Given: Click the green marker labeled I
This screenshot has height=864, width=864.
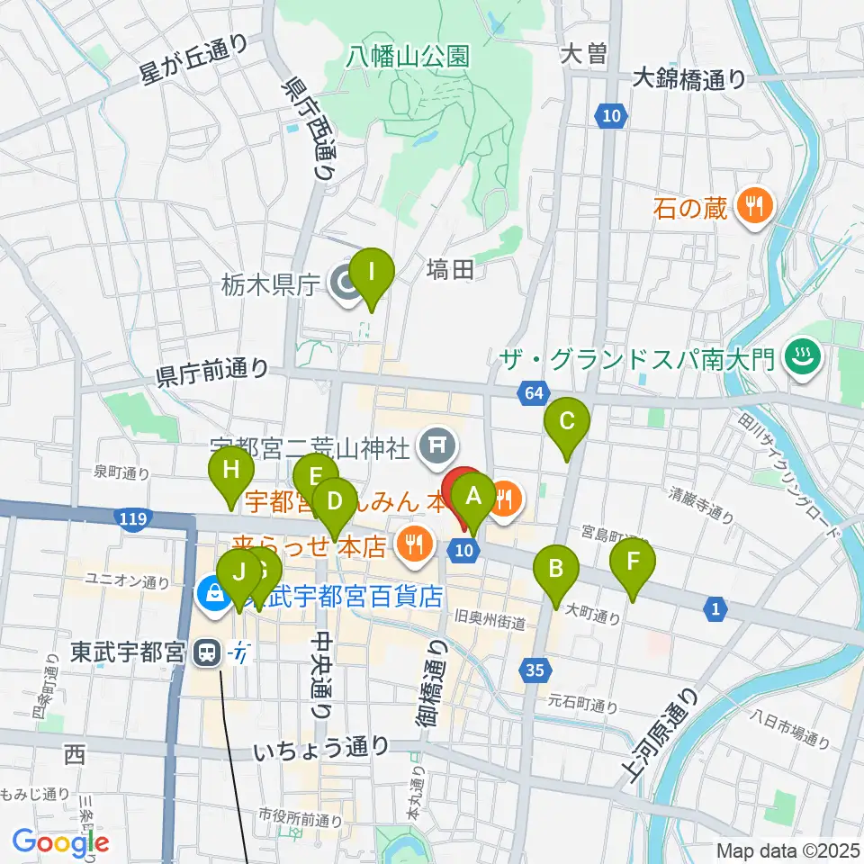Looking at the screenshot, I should pyautogui.click(x=371, y=271).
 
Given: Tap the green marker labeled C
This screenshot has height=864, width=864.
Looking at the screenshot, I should pyautogui.click(x=567, y=421).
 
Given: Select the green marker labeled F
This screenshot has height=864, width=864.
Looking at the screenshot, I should pyautogui.click(x=633, y=562).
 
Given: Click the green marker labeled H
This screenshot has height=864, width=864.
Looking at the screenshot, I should pyautogui.click(x=231, y=469).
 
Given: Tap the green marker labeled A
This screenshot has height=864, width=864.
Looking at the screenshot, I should pyautogui.click(x=472, y=494).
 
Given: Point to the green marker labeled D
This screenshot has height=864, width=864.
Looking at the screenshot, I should pyautogui.click(x=334, y=499).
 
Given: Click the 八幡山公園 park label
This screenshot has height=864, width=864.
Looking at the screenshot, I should pyautogui.click(x=409, y=57).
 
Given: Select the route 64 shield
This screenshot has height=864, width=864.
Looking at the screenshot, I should pyautogui.click(x=532, y=392).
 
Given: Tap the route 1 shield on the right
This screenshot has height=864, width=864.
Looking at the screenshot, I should pyautogui.click(x=715, y=611).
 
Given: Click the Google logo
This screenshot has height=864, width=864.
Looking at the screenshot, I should pyautogui.click(x=60, y=842).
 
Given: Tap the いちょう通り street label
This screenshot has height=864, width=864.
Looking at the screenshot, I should pyautogui.click(x=321, y=746).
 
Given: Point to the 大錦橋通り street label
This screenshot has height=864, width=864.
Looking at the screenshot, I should pyautogui.click(x=688, y=79).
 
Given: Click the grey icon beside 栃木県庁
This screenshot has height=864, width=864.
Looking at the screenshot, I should pyautogui.click(x=344, y=286).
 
